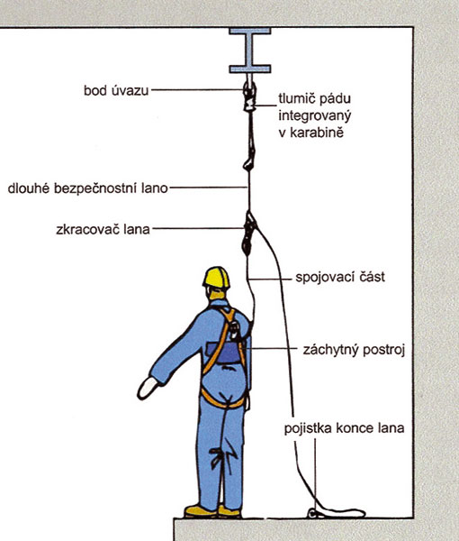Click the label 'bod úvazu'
tap(116, 90)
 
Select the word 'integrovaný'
tap(314, 116)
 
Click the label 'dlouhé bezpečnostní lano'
tap(88, 188)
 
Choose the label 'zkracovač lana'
tap(103, 229)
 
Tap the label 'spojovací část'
tap(340, 277)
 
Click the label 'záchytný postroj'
tap(354, 350)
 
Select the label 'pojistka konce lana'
tap(344, 428)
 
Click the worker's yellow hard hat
tap(216, 278)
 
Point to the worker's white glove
tap(148, 388)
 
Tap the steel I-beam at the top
tap(250, 50)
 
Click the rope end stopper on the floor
tap(313, 513)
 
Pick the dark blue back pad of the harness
tap(223, 353)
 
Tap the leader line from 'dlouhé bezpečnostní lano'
tap(208, 188)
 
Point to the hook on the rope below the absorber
tap(249, 163)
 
